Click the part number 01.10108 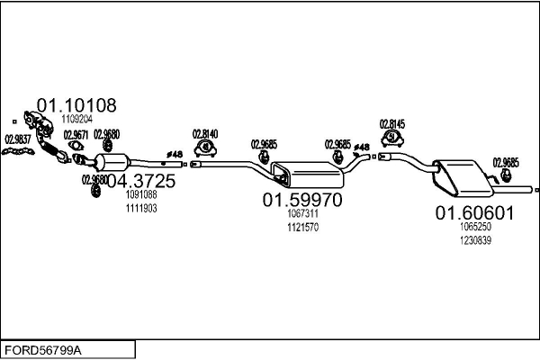tap(76, 105)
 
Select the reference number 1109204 tap(77, 119)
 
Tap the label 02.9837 tap(17, 139)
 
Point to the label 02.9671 tap(76, 135)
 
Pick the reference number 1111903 tap(141, 208)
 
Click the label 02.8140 tap(205, 133)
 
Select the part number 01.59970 tap(302, 200)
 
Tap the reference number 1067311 tap(303, 214)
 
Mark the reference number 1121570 tap(303, 227)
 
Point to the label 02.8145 tap(392, 124)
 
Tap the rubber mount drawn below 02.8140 tap(206, 147)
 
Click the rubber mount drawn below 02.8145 tap(393, 138)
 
